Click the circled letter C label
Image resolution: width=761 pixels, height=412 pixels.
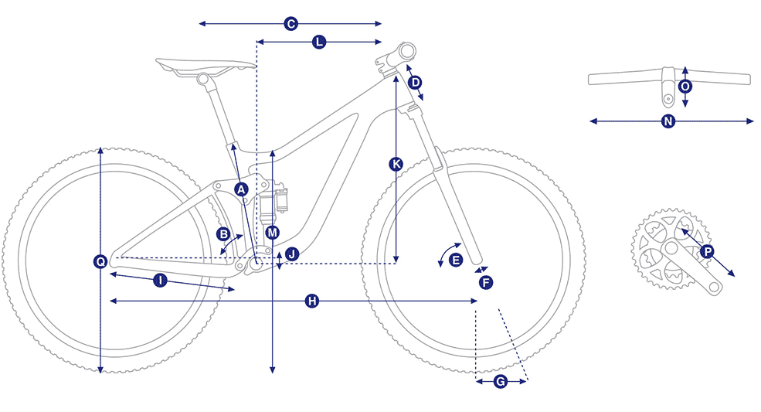point(290,24)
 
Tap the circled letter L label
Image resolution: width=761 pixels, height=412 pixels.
point(319,43)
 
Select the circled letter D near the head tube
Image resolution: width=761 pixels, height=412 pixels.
point(415,83)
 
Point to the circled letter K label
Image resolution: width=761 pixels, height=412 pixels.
point(396,164)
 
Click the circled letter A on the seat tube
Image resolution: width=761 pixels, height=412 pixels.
point(241,189)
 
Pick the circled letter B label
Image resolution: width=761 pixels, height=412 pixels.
point(224,234)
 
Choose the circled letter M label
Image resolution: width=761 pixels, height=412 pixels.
point(272,233)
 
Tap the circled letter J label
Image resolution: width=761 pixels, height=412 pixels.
point(292,254)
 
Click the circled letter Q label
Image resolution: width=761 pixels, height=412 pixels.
point(100,262)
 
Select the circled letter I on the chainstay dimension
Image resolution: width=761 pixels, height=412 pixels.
point(160,281)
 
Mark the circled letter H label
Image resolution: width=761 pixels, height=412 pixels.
point(312,301)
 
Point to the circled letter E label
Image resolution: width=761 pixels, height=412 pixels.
point(456,260)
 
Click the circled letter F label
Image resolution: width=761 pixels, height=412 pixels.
point(486,282)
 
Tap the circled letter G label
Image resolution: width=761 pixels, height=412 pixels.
point(501,382)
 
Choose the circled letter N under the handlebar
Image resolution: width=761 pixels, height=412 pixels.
point(668,121)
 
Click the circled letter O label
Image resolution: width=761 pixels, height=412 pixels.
point(685,87)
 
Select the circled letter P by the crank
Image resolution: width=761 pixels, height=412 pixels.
point(707,252)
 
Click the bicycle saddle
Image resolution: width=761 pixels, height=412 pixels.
point(206,66)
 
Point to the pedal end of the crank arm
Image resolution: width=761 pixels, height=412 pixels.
point(714,287)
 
